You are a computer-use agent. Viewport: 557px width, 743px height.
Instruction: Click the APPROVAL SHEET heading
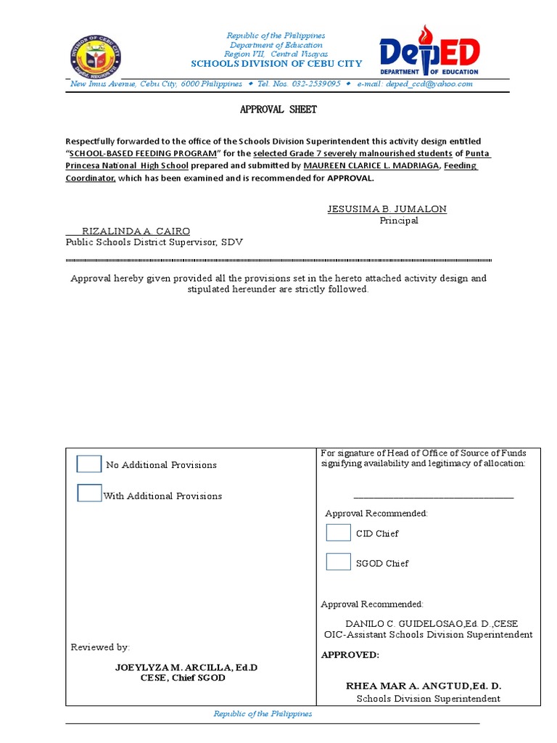278,110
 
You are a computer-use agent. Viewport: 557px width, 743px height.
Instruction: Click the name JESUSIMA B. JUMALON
387,209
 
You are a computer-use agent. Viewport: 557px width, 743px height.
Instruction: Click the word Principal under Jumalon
399,221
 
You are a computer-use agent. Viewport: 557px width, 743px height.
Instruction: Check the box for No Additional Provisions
89,464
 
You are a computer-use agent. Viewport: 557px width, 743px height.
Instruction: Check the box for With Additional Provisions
89,493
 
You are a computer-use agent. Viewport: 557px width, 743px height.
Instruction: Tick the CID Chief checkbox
338,533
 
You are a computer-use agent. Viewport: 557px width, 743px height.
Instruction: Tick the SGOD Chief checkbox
338,562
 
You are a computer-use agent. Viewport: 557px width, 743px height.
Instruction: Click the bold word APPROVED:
350,654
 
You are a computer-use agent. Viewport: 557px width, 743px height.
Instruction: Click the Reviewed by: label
100,647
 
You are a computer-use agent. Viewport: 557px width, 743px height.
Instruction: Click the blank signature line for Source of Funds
433,498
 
